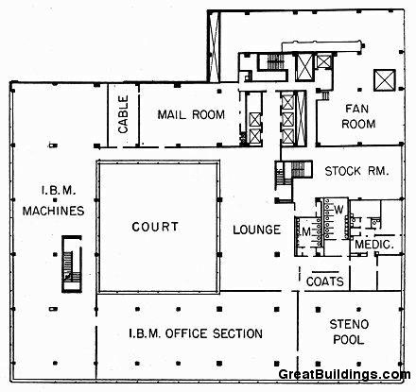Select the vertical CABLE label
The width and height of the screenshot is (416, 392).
pos(124,116)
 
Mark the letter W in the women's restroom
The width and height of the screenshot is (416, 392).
pos(337,210)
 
